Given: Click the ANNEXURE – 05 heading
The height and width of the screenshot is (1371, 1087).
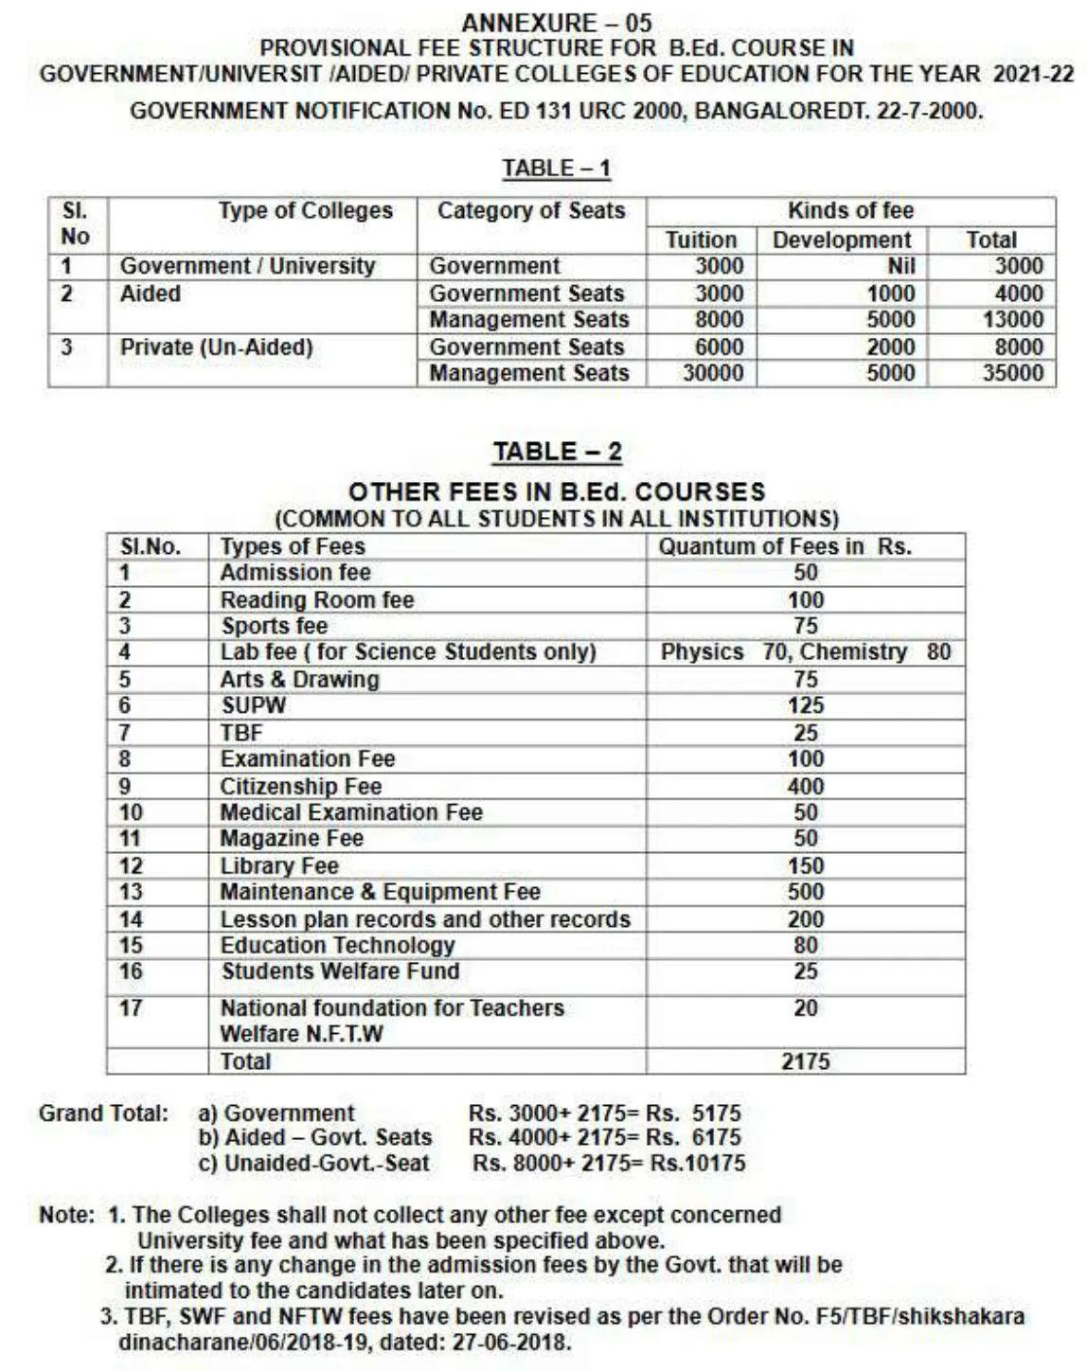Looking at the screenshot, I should click(557, 23).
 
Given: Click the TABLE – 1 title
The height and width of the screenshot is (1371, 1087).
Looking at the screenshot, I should click(557, 169).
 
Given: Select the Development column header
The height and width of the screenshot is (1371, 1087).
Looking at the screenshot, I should click(842, 240).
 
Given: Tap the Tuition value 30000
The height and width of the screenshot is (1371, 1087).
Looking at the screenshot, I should click(713, 373).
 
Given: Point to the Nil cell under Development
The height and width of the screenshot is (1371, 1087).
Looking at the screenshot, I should click(900, 267).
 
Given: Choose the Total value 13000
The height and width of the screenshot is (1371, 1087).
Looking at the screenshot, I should click(1012, 320).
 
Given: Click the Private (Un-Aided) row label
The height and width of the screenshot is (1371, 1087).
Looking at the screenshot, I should click(216, 347).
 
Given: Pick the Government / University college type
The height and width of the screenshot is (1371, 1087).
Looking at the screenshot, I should click(247, 267).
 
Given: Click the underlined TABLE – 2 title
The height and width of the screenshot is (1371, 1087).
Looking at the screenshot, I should click(557, 453).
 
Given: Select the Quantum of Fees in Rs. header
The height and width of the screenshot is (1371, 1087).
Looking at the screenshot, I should click(785, 547).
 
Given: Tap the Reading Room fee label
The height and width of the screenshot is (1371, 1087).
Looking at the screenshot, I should click(317, 600).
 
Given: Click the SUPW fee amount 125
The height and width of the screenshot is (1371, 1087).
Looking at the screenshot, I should click(806, 706).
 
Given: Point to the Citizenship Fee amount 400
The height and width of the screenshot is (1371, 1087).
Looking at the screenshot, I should click(806, 787).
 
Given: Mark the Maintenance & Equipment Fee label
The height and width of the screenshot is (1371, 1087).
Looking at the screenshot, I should click(380, 892).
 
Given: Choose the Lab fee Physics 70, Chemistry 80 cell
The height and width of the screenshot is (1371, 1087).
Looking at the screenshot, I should click(806, 652).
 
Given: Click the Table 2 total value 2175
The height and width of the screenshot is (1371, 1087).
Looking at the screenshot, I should click(806, 1062).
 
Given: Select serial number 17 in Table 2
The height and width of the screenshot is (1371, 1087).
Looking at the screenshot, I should click(131, 1008).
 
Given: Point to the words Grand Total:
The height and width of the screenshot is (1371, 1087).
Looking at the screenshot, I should click(103, 1113).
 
